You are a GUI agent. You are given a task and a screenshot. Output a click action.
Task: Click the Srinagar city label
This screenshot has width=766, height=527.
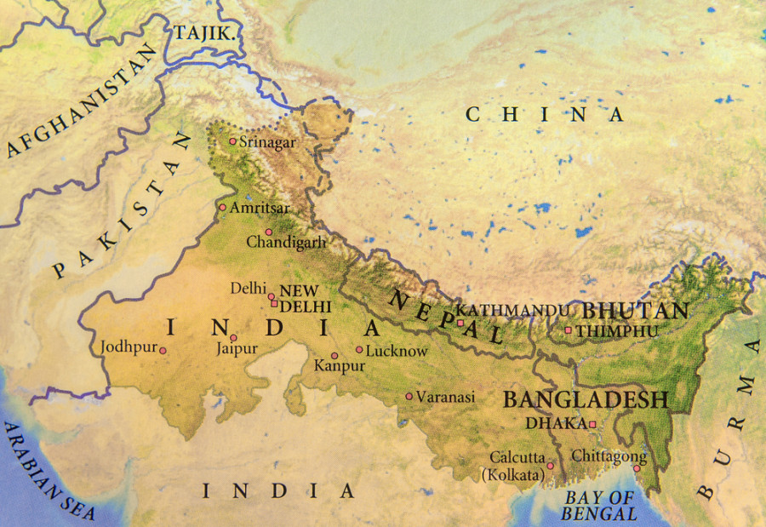tap(267, 142)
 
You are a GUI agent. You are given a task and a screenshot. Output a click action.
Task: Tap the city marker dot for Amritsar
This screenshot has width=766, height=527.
tap(223, 207)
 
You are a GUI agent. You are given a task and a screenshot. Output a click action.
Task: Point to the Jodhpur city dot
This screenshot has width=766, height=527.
tap(163, 350)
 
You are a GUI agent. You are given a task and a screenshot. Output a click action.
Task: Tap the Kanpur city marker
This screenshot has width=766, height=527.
tap(334, 356)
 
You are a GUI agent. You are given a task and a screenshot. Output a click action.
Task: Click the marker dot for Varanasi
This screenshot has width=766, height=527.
tap(409, 396)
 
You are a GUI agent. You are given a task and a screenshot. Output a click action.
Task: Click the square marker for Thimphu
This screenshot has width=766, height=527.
tap(569, 330)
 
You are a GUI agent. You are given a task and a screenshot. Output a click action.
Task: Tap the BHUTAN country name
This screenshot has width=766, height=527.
tap(634, 311)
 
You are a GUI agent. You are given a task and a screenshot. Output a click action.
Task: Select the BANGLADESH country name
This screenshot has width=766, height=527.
tap(586, 399)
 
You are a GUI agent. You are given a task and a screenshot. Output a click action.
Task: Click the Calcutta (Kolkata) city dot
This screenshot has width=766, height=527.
tap(550, 466)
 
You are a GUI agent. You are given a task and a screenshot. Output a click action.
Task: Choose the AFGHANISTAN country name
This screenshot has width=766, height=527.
tap(83, 101)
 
